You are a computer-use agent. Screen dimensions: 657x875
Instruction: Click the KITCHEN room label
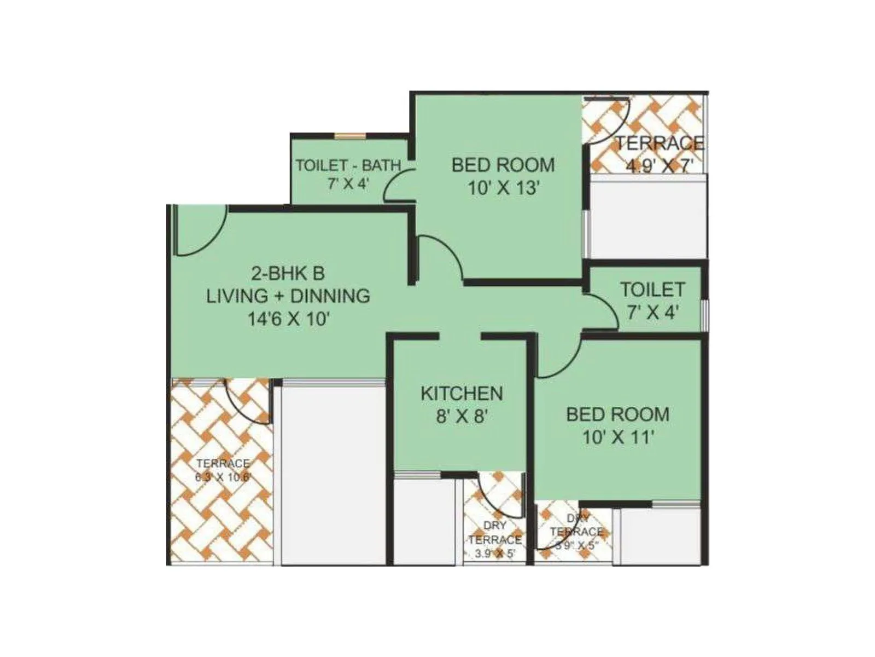pos(462,393)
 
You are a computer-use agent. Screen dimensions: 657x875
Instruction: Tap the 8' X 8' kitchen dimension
pos(462,417)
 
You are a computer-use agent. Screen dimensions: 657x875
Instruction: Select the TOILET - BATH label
pos(348,165)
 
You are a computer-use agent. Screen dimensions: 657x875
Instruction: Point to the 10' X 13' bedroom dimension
pos(504,188)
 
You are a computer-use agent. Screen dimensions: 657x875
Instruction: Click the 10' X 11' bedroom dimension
pos(618,438)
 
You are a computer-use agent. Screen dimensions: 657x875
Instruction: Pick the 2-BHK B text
pos(288,273)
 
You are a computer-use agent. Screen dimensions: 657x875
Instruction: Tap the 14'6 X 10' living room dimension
pos(288,319)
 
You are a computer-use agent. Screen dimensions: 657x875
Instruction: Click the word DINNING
pos(330,296)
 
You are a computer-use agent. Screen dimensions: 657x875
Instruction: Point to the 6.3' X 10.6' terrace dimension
pos(223,477)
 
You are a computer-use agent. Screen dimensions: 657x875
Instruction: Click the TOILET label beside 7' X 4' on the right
pos(652,289)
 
